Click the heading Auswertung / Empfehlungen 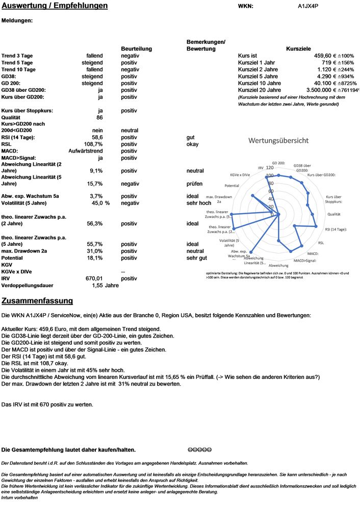pos(55,6)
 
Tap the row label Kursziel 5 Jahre pos(259,76)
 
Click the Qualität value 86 pos(99,117)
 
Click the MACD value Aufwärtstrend pos(86,151)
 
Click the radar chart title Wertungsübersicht pos(278,140)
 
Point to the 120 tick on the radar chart pos(269,168)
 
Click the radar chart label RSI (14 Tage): pos(336,230)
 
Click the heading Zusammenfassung pos(37,301)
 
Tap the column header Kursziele pos(298,48)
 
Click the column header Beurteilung pos(137,48)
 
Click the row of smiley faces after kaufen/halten pos(199,449)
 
